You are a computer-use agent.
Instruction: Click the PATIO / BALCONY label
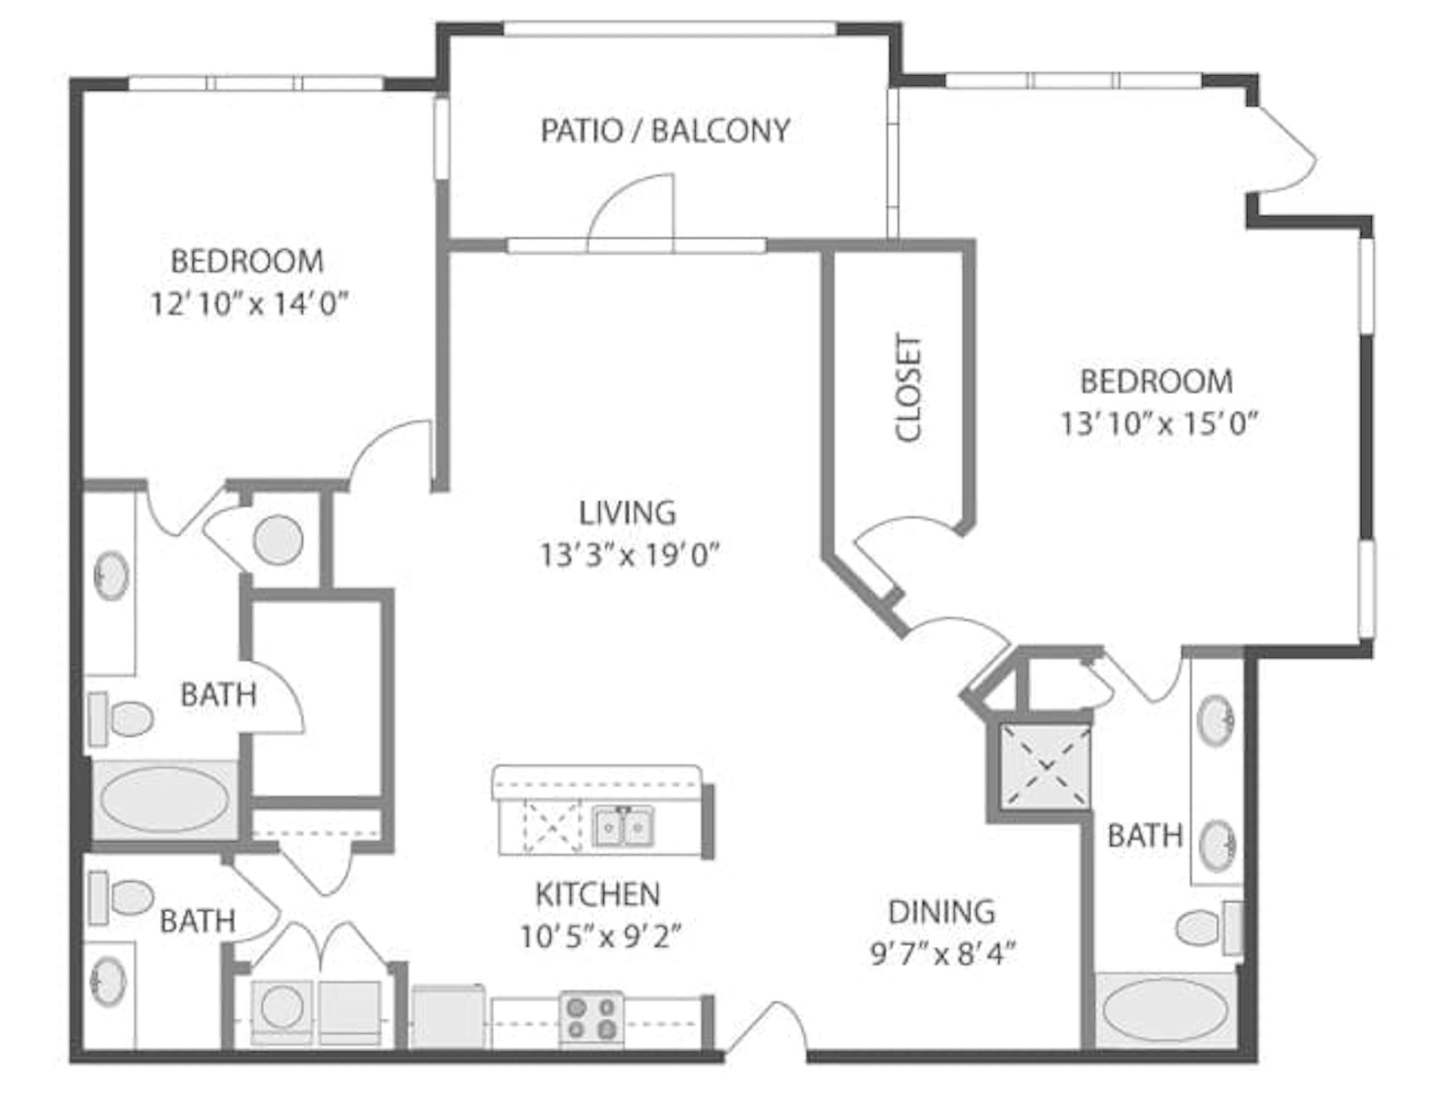[x=665, y=130]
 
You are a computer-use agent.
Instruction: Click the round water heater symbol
[x=278, y=540]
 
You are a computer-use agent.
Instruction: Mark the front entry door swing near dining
[x=766, y=1029]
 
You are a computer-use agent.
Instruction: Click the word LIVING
[x=626, y=513]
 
